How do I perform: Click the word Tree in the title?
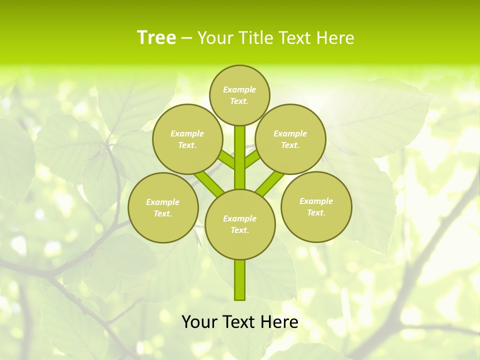point(156,38)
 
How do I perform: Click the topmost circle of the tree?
point(239,95)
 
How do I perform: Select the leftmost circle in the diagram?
point(163,207)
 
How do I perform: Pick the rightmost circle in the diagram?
point(316,206)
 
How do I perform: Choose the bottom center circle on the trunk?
point(240,224)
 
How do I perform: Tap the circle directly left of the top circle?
point(187,139)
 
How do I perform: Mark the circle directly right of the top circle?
point(290,139)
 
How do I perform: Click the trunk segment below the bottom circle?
point(240,280)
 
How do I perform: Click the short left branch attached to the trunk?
point(226,160)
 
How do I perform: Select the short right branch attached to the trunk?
point(252,159)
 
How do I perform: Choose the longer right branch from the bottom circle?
point(270,183)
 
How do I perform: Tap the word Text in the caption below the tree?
point(240,322)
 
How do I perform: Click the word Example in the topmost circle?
point(239,89)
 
